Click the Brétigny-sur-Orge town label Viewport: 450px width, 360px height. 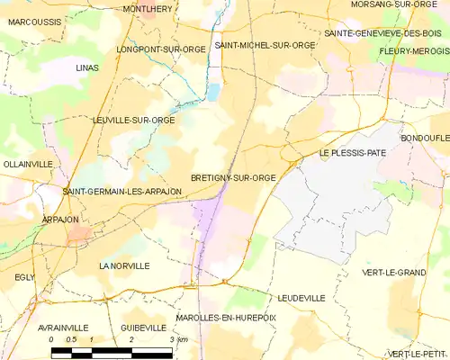(x=233, y=178)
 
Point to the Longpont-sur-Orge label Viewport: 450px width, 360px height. (x=162, y=49)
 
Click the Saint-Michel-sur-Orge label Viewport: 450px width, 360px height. (x=265, y=45)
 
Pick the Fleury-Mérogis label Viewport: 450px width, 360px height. (x=414, y=51)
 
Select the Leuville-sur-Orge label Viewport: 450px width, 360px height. (x=133, y=120)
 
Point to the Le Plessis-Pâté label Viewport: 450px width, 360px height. (x=353, y=153)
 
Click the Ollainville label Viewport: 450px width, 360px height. (x=28, y=164)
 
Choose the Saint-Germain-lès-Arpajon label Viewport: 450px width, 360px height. (x=116, y=192)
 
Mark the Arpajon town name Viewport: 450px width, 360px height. (x=60, y=220)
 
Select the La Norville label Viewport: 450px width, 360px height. (x=124, y=266)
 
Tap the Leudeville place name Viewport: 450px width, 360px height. (x=301, y=297)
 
